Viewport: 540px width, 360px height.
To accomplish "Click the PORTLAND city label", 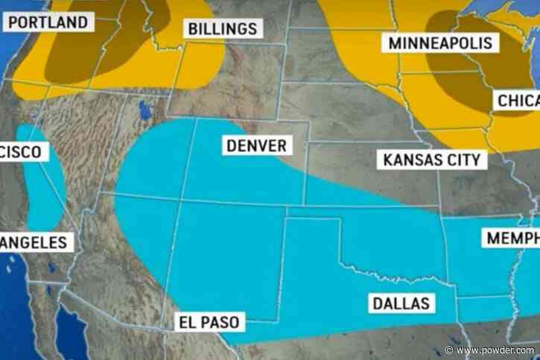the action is (x=48, y=22).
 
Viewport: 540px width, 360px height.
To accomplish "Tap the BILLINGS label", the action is (x=223, y=28).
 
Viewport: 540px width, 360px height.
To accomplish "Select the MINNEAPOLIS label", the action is (x=440, y=43).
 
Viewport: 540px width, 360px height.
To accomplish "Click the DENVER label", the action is (x=256, y=145).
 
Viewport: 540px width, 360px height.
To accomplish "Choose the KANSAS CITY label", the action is (x=431, y=159).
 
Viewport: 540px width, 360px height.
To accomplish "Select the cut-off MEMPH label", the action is (x=512, y=239).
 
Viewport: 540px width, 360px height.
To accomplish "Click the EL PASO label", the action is (x=209, y=323).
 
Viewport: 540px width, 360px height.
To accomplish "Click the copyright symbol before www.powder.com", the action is (x=450, y=350).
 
